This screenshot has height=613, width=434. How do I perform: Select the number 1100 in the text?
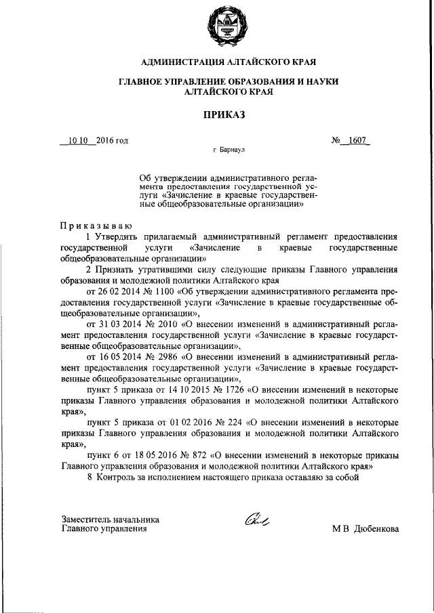161,291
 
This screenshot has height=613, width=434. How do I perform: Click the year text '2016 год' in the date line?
112,141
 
